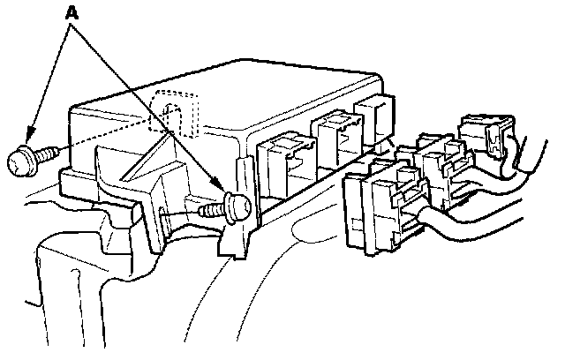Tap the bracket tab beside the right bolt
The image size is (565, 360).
(234, 238)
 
